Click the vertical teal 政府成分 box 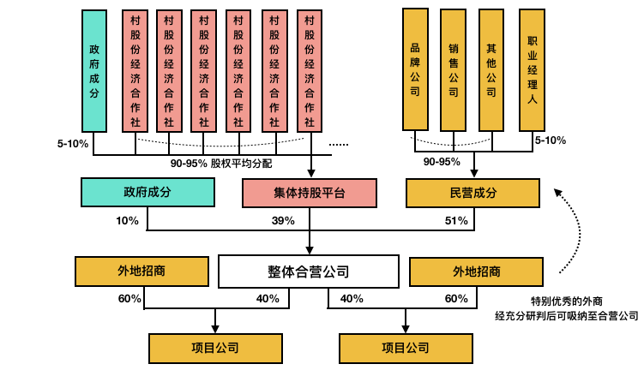(x=94, y=71)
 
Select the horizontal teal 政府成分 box (x=147, y=192)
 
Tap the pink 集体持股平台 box (x=309, y=193)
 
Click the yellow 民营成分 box (x=472, y=193)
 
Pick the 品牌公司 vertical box (x=415, y=69)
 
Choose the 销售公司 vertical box (x=453, y=70)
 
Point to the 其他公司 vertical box (x=491, y=70)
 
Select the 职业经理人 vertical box (x=532, y=70)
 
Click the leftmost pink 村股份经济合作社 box (x=135, y=71)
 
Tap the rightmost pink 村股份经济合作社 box (x=310, y=71)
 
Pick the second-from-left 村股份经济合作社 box (x=169, y=71)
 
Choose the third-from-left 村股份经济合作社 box (x=204, y=71)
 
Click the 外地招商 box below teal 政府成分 (x=141, y=272)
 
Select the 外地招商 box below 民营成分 (x=476, y=272)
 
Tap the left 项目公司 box (x=215, y=349)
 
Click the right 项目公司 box (x=406, y=349)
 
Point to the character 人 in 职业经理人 (x=533, y=99)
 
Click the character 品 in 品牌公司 (x=415, y=48)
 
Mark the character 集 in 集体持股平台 (x=280, y=193)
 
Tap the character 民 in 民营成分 (x=455, y=193)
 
